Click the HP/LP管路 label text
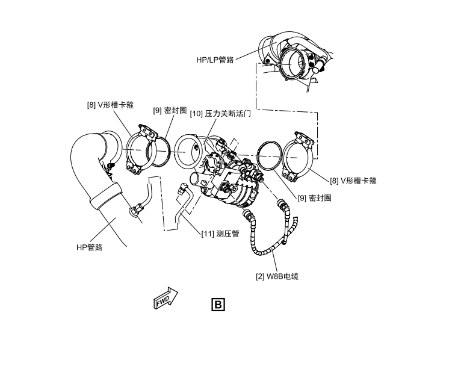point(215,60)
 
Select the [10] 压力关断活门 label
point(220,113)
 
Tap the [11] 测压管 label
point(220,234)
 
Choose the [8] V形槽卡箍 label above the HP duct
point(110,104)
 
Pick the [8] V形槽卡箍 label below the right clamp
point(353,179)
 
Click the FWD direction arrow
point(166,299)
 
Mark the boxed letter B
point(217,304)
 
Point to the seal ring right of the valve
point(270,158)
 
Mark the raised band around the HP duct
point(107,196)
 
